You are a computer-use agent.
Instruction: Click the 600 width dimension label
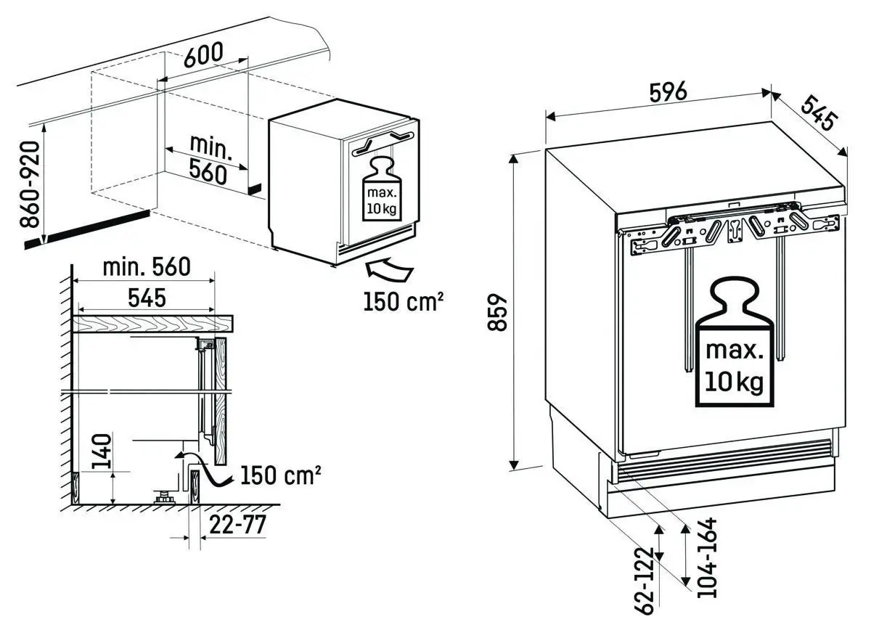pos(203,55)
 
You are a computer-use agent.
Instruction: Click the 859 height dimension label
pos(496,311)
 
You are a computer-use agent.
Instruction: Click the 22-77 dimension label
pos(235,524)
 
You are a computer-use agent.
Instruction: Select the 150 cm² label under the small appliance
pos(404,300)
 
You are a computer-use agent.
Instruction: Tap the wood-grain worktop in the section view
pos(152,324)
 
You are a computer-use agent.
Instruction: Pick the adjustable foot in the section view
pos(163,497)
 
